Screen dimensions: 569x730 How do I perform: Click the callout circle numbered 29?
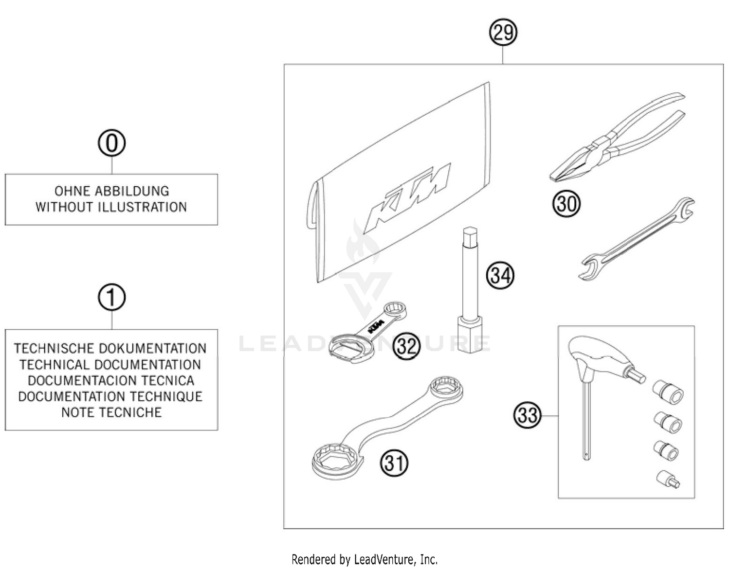click(503, 33)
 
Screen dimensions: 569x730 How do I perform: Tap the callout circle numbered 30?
click(566, 203)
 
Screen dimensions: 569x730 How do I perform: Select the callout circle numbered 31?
click(394, 463)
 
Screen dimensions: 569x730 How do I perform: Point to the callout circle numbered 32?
click(406, 346)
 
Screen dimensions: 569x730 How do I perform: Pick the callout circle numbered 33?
click(527, 415)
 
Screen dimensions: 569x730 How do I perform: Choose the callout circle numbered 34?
click(500, 276)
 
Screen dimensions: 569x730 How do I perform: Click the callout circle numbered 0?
click(111, 143)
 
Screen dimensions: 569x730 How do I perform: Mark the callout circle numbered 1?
click(111, 298)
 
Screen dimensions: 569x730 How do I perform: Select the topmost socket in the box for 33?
click(668, 391)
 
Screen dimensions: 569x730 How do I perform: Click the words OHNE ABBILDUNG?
click(111, 191)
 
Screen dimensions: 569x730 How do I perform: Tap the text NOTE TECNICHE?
click(111, 412)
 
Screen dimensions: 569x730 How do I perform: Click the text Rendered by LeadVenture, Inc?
click(365, 559)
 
